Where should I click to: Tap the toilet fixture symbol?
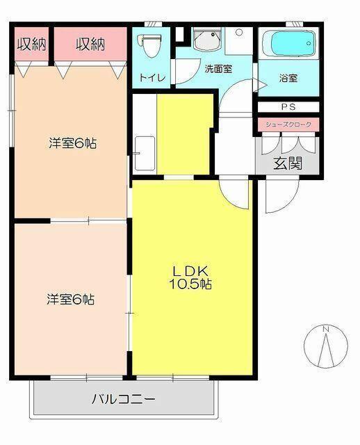148,43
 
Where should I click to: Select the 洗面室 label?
218,69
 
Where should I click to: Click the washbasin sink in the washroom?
206,40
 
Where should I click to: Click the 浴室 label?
289,78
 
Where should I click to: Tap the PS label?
288,107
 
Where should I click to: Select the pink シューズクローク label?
288,124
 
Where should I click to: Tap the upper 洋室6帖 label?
72,144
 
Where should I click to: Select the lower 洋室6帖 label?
71,300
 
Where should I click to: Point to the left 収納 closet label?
31,44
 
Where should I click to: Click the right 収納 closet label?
90,44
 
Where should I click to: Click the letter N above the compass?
325,328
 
